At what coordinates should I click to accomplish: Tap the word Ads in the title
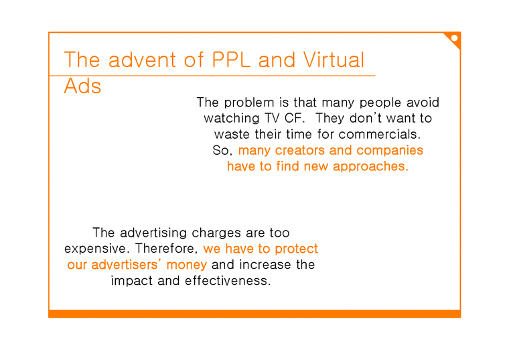[82, 86]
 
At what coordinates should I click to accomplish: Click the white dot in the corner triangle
[455, 38]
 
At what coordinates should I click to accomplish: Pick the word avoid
[421, 103]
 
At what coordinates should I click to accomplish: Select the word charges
[216, 233]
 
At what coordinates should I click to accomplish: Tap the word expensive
[93, 249]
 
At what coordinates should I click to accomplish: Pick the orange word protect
[296, 249]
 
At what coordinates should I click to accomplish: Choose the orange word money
[185, 265]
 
